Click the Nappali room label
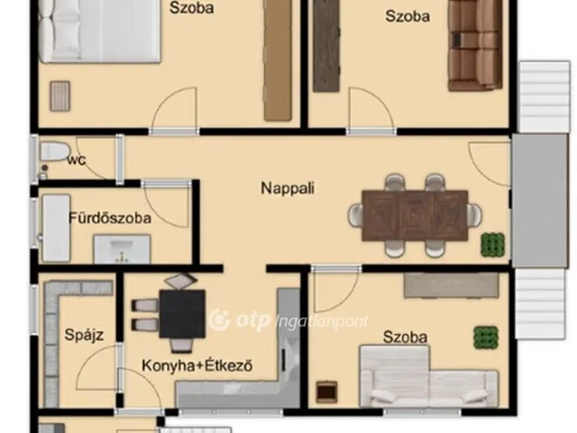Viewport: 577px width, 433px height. coord(288,189)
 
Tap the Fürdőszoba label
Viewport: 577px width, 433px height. coord(110,218)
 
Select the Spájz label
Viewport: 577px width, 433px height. coord(84,335)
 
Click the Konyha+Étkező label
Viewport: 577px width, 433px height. coord(197,365)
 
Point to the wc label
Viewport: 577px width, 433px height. coord(77,160)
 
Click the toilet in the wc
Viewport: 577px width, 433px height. coord(54,152)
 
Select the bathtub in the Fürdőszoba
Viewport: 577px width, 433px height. coord(56,228)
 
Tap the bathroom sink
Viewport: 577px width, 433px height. coord(122,249)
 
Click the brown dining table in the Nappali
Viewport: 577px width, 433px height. coord(415,216)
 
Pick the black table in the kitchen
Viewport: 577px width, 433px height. coord(182,314)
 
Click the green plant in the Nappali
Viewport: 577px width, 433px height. coord(493,244)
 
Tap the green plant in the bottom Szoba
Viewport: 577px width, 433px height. coord(486,337)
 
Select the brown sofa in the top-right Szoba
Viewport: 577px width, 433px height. coord(475,45)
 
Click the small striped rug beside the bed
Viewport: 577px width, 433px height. coord(60,97)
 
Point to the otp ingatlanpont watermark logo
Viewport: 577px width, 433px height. coord(288,320)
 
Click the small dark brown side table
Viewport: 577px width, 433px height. coord(326,392)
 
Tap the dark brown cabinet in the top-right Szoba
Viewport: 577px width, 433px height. coord(326,45)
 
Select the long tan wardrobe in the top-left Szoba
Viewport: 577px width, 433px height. coord(279,60)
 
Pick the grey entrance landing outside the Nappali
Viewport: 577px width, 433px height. coord(540,200)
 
